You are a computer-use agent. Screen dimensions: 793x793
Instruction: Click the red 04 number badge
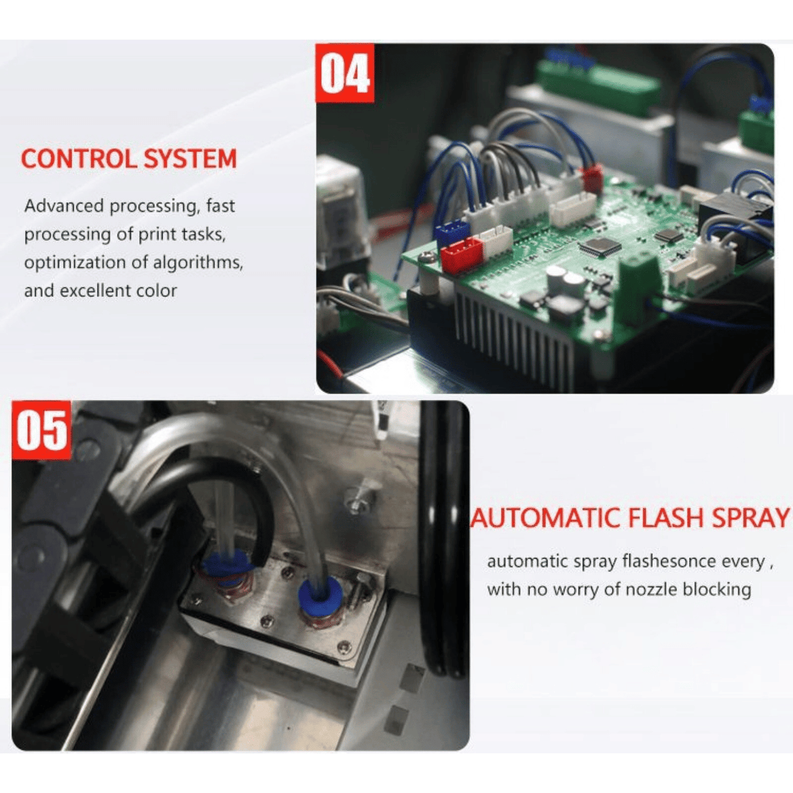coord(345,73)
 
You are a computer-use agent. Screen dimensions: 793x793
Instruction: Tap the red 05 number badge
coord(41,430)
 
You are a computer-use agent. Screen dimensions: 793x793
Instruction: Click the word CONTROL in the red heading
coord(78,159)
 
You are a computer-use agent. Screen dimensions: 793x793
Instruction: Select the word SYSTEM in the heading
coord(190,159)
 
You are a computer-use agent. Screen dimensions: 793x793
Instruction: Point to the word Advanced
coord(64,206)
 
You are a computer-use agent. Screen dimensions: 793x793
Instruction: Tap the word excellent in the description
coord(98,291)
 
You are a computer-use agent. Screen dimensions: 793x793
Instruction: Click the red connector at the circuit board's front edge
coord(461,254)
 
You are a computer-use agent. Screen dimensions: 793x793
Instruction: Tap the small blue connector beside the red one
coord(452,231)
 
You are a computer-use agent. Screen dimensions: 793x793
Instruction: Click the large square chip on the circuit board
coord(599,246)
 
